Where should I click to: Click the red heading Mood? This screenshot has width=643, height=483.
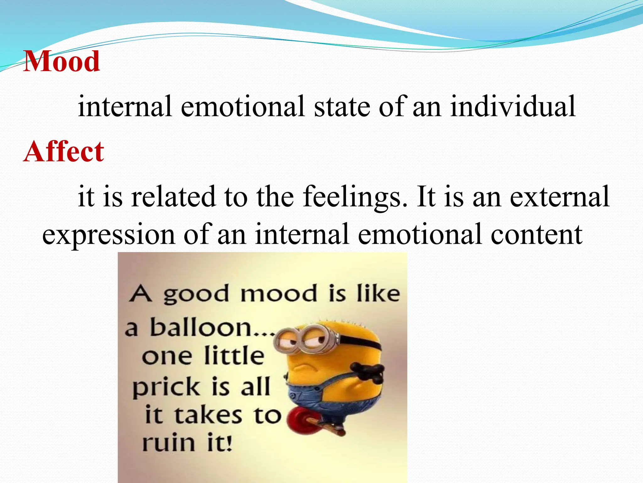(x=62, y=61)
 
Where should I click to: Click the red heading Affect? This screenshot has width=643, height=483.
(x=63, y=152)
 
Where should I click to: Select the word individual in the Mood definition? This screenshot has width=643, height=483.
(x=513, y=106)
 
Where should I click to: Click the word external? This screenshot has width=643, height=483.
(x=559, y=197)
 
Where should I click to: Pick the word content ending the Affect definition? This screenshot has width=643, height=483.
(x=536, y=234)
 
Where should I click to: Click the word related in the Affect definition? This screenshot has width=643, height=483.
(x=174, y=197)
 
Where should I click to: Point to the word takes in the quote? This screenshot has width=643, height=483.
(x=208, y=415)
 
